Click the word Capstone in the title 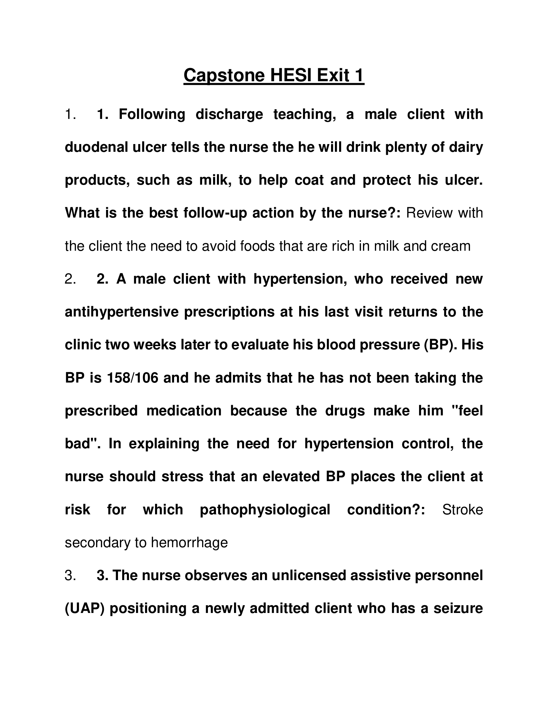pos(224,76)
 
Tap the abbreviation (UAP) pos(85,608)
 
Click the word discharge pos(229,115)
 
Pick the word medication pos(184,411)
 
